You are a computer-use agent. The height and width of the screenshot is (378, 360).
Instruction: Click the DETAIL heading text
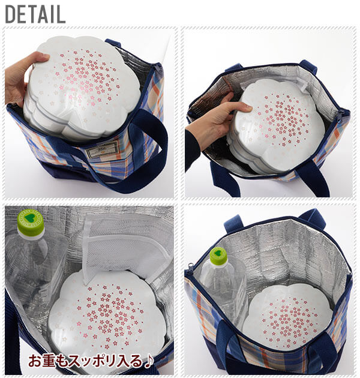pos(35,14)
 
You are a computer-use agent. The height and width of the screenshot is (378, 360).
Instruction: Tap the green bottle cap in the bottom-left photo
pos(31,222)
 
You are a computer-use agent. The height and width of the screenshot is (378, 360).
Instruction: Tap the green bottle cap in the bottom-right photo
pos(218,256)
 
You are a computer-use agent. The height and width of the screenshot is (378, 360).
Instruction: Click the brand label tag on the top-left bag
pos(103,150)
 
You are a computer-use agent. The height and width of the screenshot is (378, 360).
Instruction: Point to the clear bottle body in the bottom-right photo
pos(223,289)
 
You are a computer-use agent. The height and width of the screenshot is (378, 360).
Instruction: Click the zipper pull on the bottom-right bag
pos(190,268)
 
